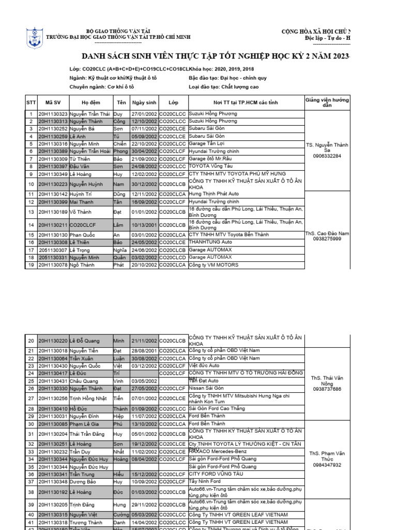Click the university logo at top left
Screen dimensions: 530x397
tap(35, 39)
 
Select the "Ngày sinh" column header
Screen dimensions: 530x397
tap(144, 102)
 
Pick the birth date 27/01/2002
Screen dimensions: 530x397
tap(144, 114)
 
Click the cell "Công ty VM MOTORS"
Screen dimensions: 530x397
tap(213, 265)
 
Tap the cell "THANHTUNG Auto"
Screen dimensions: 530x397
tap(210, 242)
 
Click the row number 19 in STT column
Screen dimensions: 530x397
tap(30, 265)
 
